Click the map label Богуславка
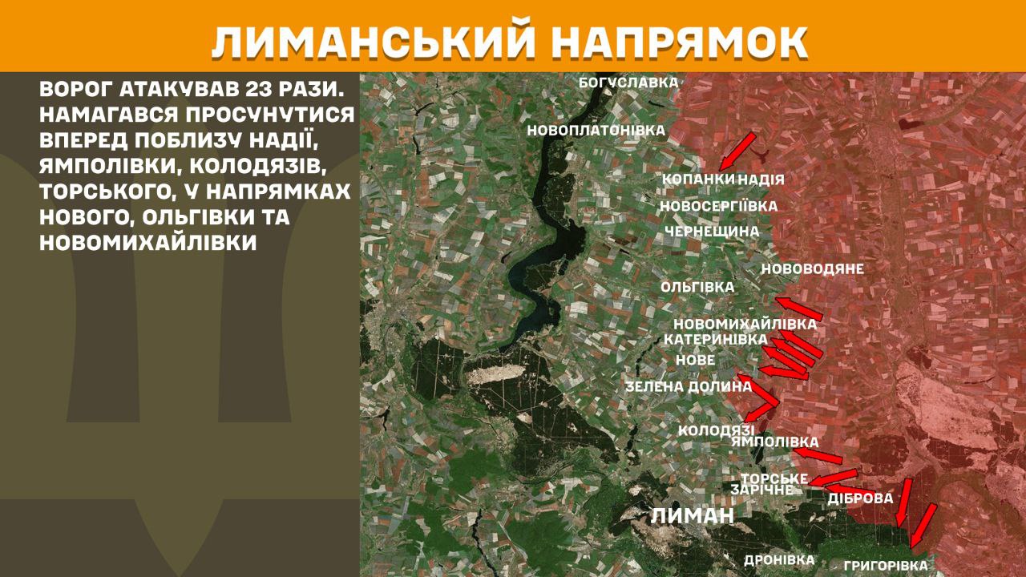click(x=628, y=82)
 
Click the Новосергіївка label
click(x=718, y=206)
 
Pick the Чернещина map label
click(x=712, y=232)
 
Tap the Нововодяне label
click(x=812, y=269)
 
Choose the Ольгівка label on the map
click(x=697, y=287)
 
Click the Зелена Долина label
click(x=689, y=387)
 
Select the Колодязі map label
click(x=716, y=430)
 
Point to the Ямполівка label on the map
click(x=775, y=442)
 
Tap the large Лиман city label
click(x=692, y=515)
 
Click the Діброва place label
click(x=860, y=498)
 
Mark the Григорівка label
click(x=885, y=566)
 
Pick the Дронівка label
click(x=779, y=560)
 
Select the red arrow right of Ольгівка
click(x=799, y=308)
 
